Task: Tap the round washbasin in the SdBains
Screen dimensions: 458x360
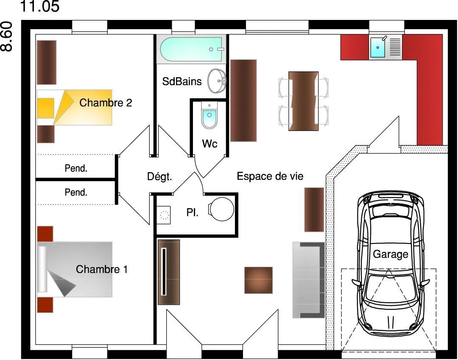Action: [x=217, y=81]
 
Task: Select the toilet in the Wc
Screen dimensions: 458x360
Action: [x=209, y=115]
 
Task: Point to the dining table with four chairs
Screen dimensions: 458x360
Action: [x=304, y=101]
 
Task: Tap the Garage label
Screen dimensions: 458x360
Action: [x=390, y=254]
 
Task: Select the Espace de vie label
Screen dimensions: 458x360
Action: [x=270, y=176]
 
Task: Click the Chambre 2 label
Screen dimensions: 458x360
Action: [x=106, y=103]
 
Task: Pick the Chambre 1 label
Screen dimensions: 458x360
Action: [x=102, y=269]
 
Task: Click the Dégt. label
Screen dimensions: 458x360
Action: [x=159, y=176]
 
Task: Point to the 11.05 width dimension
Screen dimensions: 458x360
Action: [x=40, y=6]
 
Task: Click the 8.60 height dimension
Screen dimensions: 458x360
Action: [x=6, y=36]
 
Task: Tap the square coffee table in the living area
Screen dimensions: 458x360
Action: [x=259, y=280]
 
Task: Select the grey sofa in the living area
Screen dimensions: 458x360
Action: [x=309, y=280]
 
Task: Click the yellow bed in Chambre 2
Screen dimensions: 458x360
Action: [x=75, y=107]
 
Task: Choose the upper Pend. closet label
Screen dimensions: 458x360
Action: [x=76, y=168]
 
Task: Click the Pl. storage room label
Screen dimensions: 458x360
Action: [x=192, y=212]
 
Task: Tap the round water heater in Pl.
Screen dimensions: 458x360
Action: [x=221, y=209]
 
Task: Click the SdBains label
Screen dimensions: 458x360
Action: [x=182, y=81]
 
